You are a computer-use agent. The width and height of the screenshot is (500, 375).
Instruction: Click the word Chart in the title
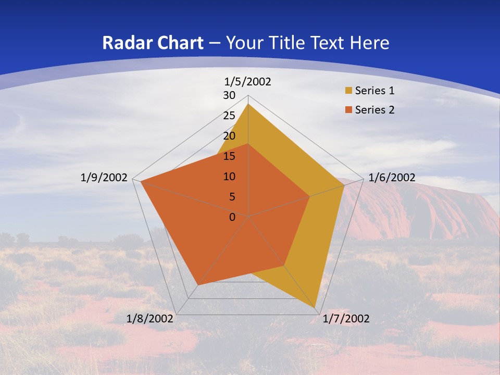point(175,43)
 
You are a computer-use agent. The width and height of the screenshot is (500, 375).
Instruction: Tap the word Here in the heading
point(370,43)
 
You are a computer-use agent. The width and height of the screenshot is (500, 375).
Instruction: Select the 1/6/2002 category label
point(392,178)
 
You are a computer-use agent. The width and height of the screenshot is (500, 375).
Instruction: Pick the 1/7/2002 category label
point(346,319)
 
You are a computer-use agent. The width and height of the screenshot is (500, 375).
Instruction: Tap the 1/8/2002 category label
point(150,319)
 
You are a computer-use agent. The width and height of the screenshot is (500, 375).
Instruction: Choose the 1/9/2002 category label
point(104,178)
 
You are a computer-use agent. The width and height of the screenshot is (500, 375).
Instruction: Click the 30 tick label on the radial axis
point(229,95)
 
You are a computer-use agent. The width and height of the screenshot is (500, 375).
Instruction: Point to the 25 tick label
point(229,116)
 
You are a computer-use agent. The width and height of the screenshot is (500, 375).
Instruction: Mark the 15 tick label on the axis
point(229,156)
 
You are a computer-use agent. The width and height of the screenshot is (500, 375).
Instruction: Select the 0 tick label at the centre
point(232,217)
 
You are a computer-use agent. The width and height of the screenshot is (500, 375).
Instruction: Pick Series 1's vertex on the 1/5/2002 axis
point(248,104)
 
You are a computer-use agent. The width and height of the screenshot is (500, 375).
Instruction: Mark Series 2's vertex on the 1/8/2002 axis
point(197,285)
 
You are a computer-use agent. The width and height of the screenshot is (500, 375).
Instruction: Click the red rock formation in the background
point(427,208)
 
